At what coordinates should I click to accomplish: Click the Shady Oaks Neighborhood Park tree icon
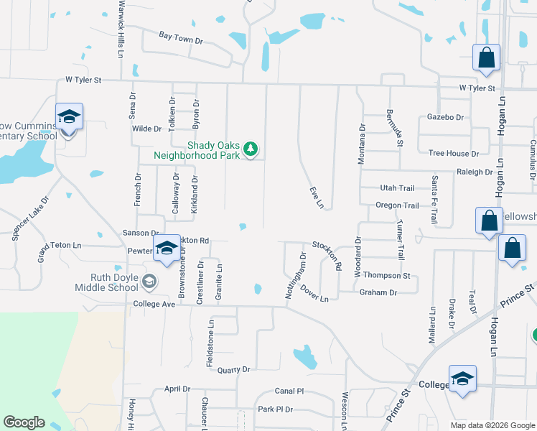(250, 149)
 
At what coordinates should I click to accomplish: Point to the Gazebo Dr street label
(445, 117)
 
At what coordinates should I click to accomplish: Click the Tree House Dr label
(453, 154)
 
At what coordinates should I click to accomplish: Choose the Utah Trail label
(397, 188)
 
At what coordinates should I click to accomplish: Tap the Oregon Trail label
(397, 205)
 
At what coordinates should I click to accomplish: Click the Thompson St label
(386, 276)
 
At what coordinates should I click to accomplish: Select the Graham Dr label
(378, 292)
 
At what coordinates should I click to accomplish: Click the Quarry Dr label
(233, 370)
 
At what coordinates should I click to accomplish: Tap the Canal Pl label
(289, 391)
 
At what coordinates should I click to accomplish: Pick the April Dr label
(177, 389)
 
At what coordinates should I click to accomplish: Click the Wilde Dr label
(146, 129)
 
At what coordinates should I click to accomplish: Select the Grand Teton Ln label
(60, 246)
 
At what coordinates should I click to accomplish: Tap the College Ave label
(154, 305)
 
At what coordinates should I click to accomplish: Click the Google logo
(24, 422)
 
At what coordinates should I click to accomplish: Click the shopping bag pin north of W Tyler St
(486, 59)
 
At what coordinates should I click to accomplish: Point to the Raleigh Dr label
(475, 172)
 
